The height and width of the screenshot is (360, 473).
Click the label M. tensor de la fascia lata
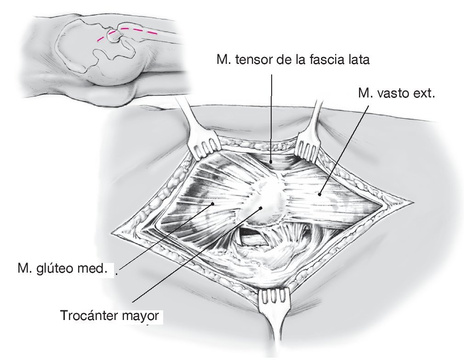(293, 60)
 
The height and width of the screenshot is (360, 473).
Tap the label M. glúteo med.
(62, 268)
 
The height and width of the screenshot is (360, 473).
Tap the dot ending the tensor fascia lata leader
(272, 162)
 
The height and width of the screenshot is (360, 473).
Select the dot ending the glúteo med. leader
(212, 203)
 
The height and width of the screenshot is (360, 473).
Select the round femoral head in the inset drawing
(112, 35)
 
